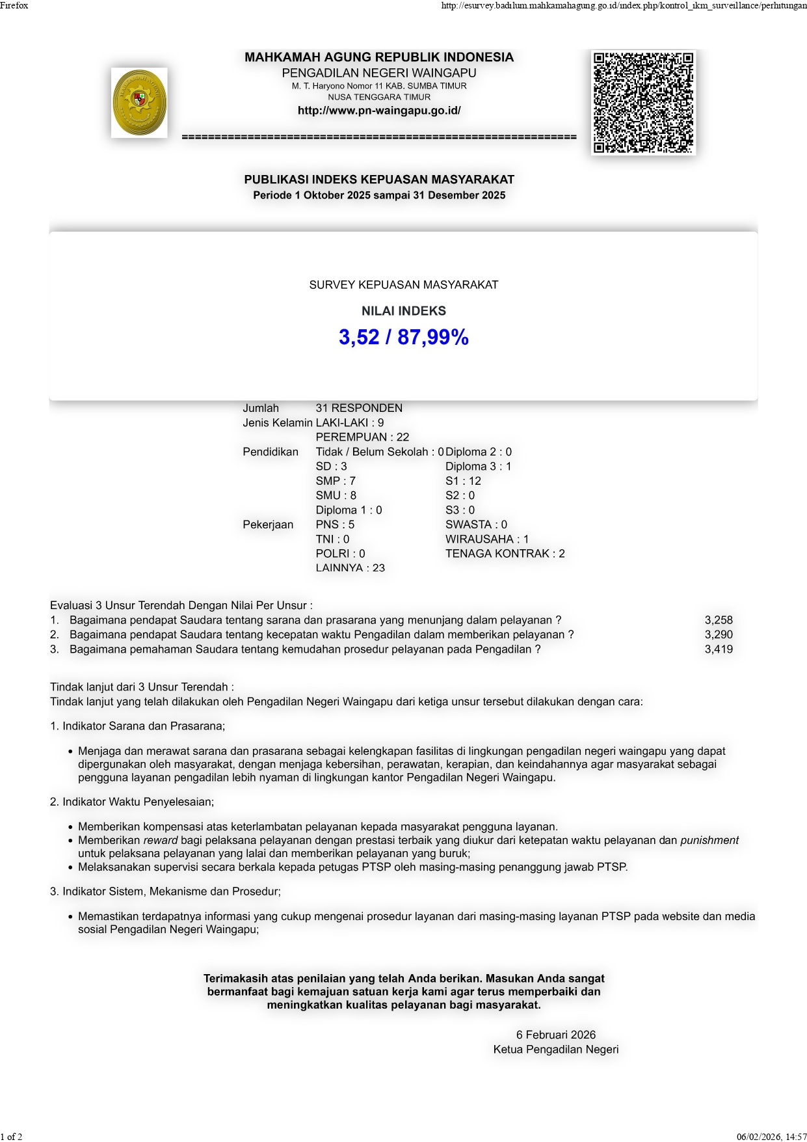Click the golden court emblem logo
(x=139, y=103)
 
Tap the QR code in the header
(x=643, y=103)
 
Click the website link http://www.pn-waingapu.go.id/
(x=379, y=111)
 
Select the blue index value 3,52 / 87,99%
(x=403, y=337)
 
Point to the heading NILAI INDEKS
(x=403, y=311)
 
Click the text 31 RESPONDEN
(x=359, y=408)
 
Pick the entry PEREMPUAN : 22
(x=362, y=437)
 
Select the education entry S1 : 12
(x=463, y=481)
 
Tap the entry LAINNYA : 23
(x=350, y=568)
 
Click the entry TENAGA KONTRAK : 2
(x=505, y=554)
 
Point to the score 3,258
(x=719, y=620)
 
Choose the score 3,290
(x=719, y=634)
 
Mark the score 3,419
(x=719, y=649)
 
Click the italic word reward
(x=160, y=841)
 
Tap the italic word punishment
(x=709, y=841)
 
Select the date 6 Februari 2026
(x=556, y=1035)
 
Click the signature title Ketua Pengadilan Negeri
(x=556, y=1050)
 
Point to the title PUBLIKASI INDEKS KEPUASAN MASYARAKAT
(x=379, y=180)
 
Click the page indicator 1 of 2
(x=12, y=1137)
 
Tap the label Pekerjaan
(x=268, y=524)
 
